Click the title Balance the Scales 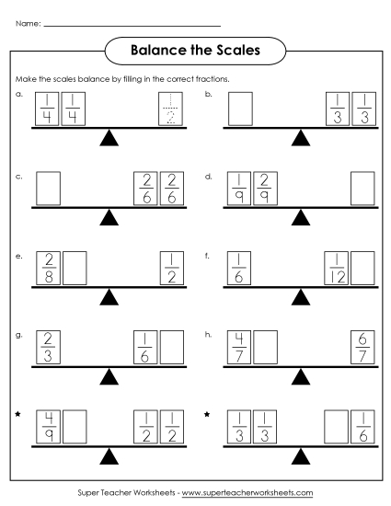194,51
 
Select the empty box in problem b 239,109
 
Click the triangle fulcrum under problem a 109,139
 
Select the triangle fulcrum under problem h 300,378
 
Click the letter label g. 18,334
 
